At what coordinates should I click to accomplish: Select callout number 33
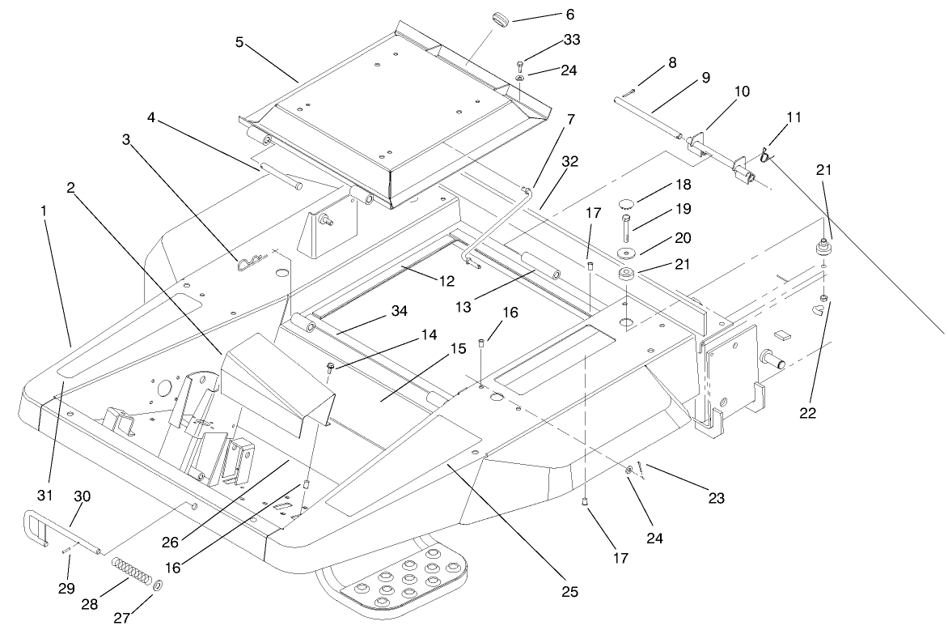point(573,39)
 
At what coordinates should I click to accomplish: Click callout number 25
point(570,593)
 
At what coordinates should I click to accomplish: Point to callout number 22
point(807,412)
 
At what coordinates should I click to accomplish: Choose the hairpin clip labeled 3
point(251,260)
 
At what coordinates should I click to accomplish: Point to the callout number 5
point(239,41)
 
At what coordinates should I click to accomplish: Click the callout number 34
point(399,311)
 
